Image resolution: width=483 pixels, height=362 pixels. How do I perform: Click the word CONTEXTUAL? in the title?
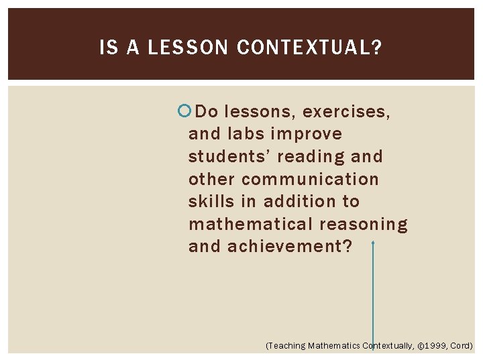point(309,48)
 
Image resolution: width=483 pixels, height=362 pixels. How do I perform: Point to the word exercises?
point(346,111)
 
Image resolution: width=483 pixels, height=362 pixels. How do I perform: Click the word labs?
point(241,134)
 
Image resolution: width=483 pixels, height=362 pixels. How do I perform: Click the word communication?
point(310,179)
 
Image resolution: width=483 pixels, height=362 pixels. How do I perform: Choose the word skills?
point(214,201)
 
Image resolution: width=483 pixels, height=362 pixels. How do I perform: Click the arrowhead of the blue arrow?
point(373,245)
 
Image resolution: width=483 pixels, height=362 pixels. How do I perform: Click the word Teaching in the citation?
point(287,346)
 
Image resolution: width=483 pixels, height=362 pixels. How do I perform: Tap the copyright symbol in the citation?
point(421,346)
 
